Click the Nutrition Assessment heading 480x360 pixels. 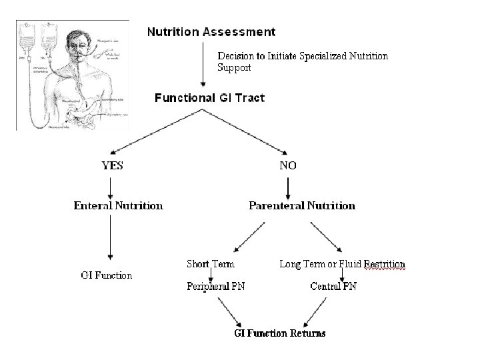(x=211, y=31)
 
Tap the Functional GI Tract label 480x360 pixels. (x=209, y=98)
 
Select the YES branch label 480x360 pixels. (x=112, y=166)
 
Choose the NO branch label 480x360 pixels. (x=288, y=166)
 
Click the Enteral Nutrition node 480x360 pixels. (x=118, y=205)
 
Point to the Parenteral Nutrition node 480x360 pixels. (x=302, y=205)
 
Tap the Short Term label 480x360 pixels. (x=211, y=264)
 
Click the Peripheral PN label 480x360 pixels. (x=211, y=287)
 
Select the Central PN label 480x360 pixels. (x=333, y=287)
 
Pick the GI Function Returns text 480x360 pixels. (x=280, y=333)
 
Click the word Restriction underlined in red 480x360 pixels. (x=384, y=265)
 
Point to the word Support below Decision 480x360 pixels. (x=234, y=68)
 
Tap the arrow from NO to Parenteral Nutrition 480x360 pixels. (x=287, y=185)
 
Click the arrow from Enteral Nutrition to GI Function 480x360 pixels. (x=110, y=237)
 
